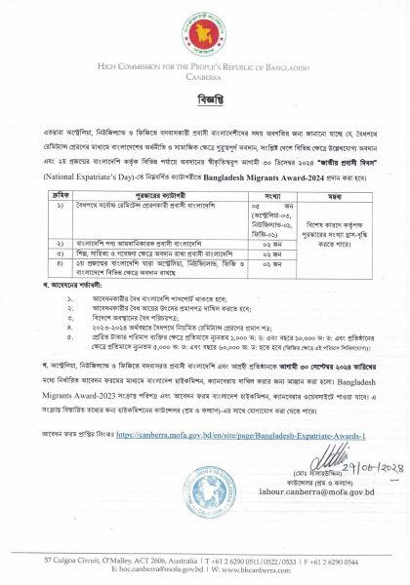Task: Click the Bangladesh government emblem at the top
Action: coord(204,33)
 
